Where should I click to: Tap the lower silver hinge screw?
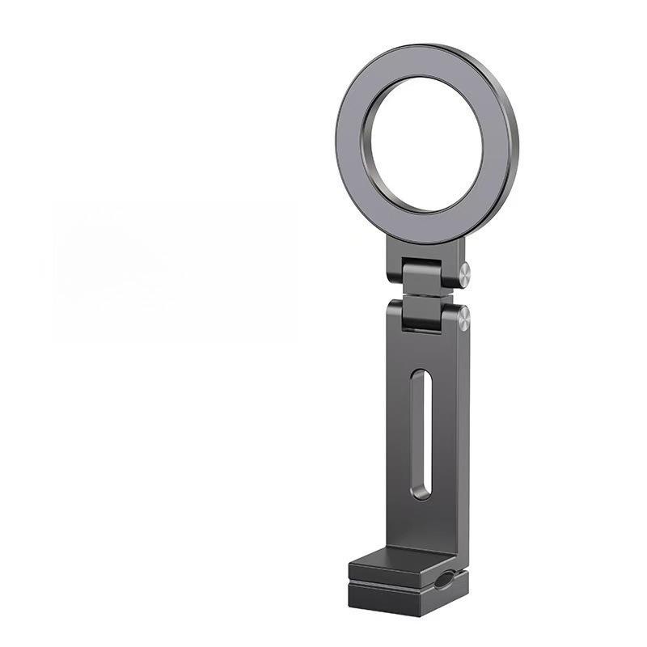pyautogui.click(x=463, y=318)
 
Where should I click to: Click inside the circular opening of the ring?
pyautogui.click(x=422, y=146)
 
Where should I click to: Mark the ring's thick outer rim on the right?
pyautogui.click(x=511, y=154)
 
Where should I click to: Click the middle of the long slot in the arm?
pyautogui.click(x=421, y=433)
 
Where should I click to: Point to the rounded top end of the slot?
pyautogui.click(x=421, y=375)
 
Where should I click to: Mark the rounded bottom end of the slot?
pyautogui.click(x=421, y=493)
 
